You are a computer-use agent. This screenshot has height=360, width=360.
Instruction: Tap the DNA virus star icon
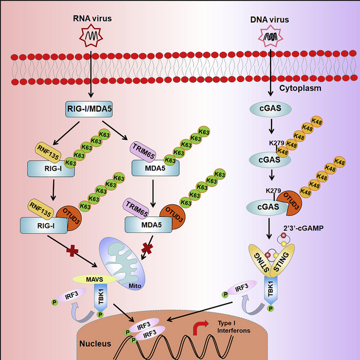pyautogui.click(x=269, y=36)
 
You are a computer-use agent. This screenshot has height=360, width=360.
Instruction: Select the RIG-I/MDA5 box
pyautogui.click(x=89, y=110)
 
